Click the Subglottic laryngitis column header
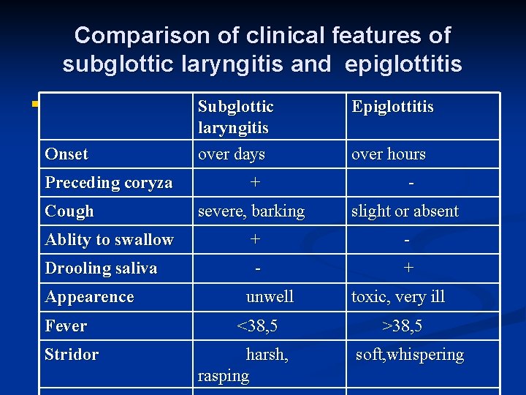[x=235, y=117]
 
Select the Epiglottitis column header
[x=392, y=107]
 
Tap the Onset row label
[x=66, y=154]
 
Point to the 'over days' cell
[x=232, y=154]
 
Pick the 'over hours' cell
[x=388, y=154]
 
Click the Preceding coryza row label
[x=109, y=183]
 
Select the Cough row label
[x=69, y=211]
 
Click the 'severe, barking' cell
[x=251, y=211]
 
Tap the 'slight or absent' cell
[x=405, y=211]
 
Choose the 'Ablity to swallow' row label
[x=110, y=240]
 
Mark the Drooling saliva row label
[x=101, y=268]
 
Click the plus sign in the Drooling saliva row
[x=408, y=268]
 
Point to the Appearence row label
[x=89, y=297]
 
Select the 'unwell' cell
[x=270, y=297]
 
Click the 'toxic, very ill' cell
[x=398, y=297]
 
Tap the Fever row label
[x=66, y=326]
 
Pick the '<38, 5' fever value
[x=257, y=326]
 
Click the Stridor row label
[x=72, y=355]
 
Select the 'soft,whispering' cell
[x=409, y=355]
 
